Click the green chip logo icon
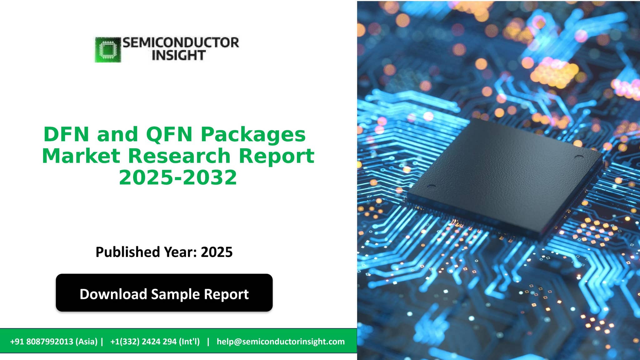108,50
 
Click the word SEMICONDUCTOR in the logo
181,43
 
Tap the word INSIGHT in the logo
178,56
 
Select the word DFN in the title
66,134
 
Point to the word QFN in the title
169,134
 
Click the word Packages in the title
253,134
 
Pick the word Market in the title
81,156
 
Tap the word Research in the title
179,156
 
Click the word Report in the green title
277,156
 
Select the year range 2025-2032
178,177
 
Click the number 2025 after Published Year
217,252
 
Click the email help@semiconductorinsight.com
281,342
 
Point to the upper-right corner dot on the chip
579,157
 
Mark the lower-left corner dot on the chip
431,186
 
